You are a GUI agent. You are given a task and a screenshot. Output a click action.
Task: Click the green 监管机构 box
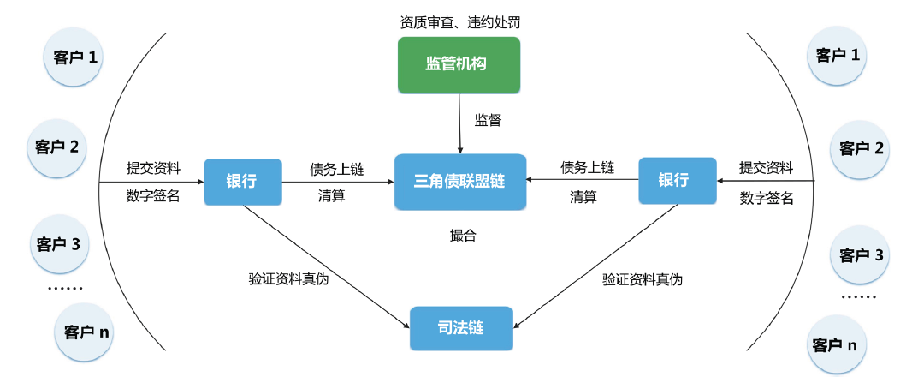pos(459,64)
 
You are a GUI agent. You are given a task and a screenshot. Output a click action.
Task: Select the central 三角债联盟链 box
pos(460,182)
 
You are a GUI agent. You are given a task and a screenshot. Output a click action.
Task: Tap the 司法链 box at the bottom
pos(461,327)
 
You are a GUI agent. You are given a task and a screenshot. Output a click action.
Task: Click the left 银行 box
pos(242,182)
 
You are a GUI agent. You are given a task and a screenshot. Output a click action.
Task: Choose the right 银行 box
pos(676,180)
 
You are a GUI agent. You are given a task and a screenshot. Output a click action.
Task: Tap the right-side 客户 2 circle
pos(861,148)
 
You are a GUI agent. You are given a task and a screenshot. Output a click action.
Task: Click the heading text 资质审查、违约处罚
pos(460,21)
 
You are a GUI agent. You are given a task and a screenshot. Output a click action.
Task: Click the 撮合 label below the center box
pos(463,236)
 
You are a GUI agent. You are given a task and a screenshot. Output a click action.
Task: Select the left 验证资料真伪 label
pos(288,279)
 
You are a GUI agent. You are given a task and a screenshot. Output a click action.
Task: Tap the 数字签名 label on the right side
pos(767,199)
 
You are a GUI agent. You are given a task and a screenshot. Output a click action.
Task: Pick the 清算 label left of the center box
pos(331,196)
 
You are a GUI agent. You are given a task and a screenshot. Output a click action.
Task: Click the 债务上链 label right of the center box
pos(588,167)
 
